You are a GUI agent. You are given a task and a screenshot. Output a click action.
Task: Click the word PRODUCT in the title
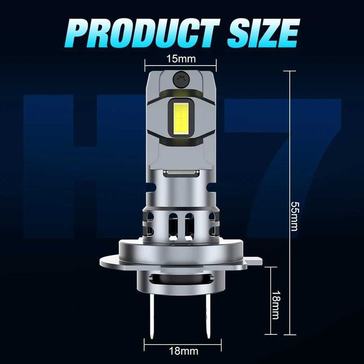click(x=142, y=33)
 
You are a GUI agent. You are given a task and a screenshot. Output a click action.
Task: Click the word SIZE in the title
click(x=263, y=33)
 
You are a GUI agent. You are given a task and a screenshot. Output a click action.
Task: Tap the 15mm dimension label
click(x=181, y=59)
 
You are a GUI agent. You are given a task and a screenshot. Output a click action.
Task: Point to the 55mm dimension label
click(x=295, y=216)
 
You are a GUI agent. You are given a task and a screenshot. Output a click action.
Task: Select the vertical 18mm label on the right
click(x=276, y=305)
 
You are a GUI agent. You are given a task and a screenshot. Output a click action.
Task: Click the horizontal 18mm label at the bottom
click(x=184, y=351)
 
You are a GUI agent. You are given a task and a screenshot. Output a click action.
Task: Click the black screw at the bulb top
click(x=181, y=80)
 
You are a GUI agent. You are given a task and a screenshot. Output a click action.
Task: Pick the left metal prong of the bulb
click(x=152, y=316)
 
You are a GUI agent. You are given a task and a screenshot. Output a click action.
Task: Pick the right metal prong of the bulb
click(x=208, y=316)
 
